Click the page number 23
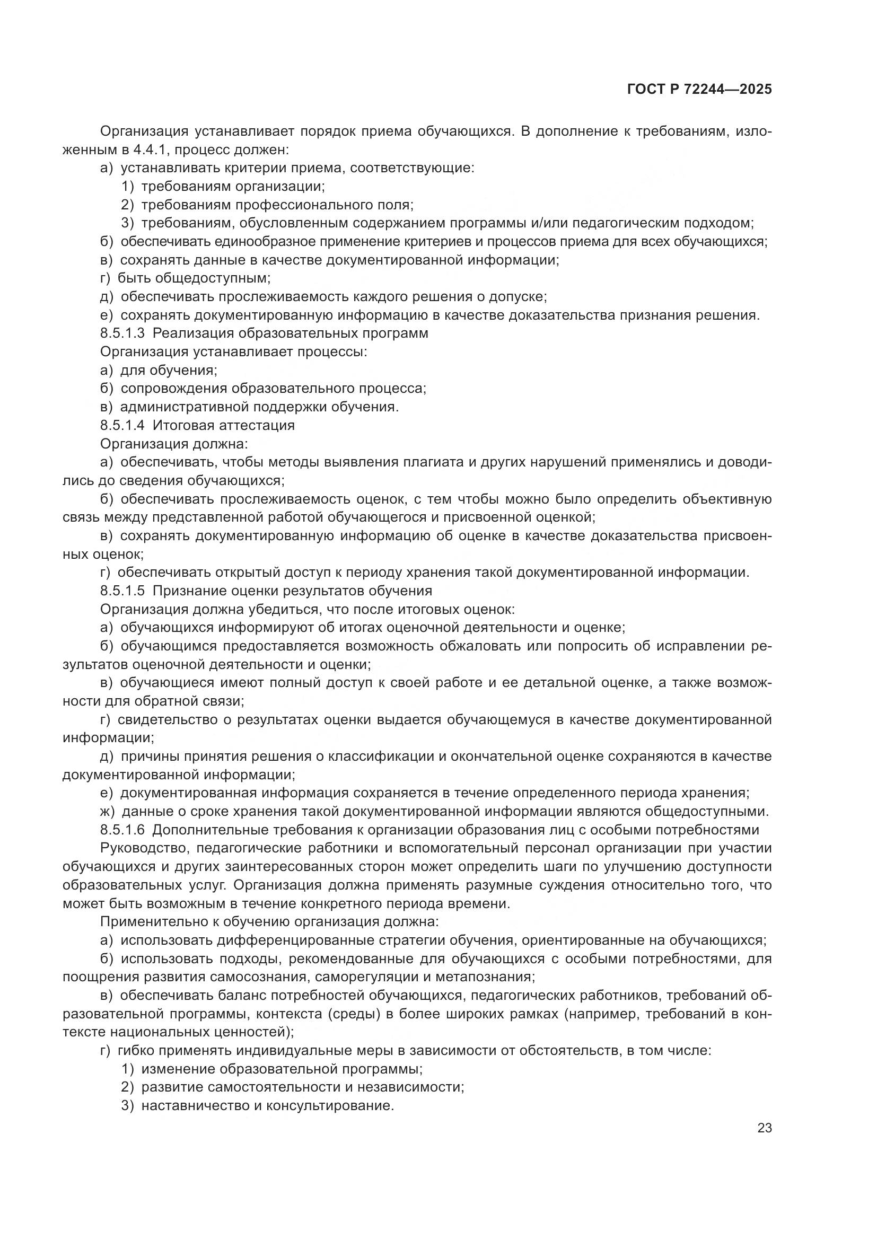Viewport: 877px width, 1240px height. (x=764, y=1128)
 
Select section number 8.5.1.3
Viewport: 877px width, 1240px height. (x=122, y=333)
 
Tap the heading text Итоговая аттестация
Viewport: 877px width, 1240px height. (x=224, y=425)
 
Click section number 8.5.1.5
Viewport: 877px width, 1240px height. (x=122, y=591)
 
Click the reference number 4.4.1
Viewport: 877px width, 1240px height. (x=149, y=149)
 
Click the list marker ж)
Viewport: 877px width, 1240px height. (x=108, y=812)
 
